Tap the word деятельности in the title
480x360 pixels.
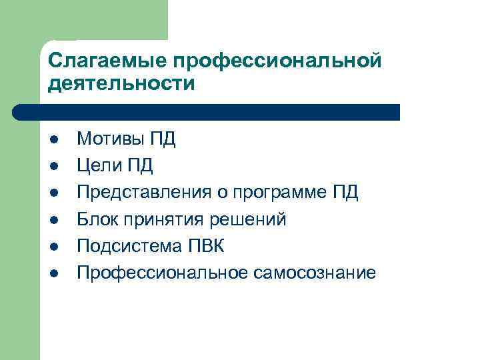(x=122, y=85)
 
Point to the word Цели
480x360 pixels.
(x=97, y=165)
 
